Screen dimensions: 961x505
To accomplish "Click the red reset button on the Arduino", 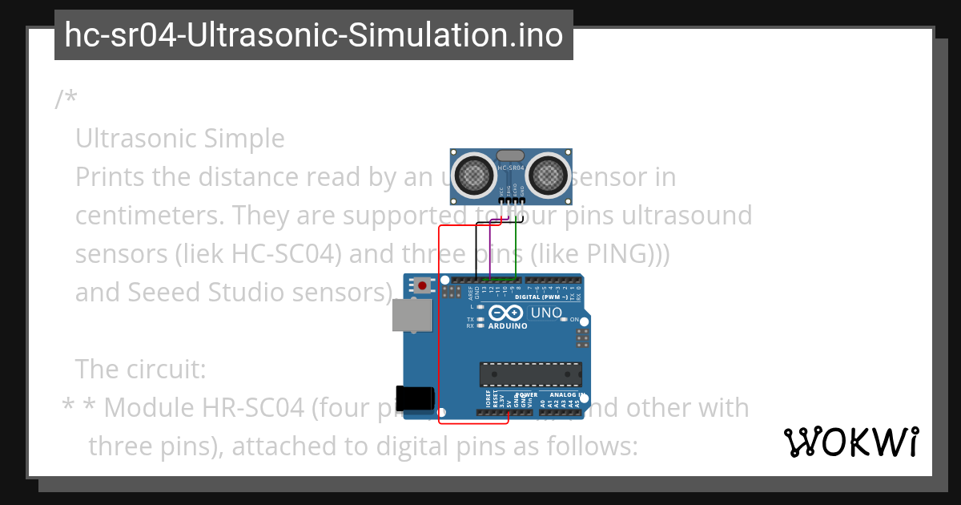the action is (422, 285).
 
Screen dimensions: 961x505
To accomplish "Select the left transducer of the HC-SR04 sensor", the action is (475, 174).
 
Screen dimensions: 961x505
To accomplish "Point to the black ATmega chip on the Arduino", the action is (530, 374).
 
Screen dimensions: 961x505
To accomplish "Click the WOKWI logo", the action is (850, 442).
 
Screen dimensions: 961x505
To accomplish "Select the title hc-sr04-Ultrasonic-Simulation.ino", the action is (313, 35).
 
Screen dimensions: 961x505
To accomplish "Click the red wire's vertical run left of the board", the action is (440, 321).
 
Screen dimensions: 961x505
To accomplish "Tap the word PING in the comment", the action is (619, 254).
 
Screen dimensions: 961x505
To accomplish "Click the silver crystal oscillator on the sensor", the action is (511, 156).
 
